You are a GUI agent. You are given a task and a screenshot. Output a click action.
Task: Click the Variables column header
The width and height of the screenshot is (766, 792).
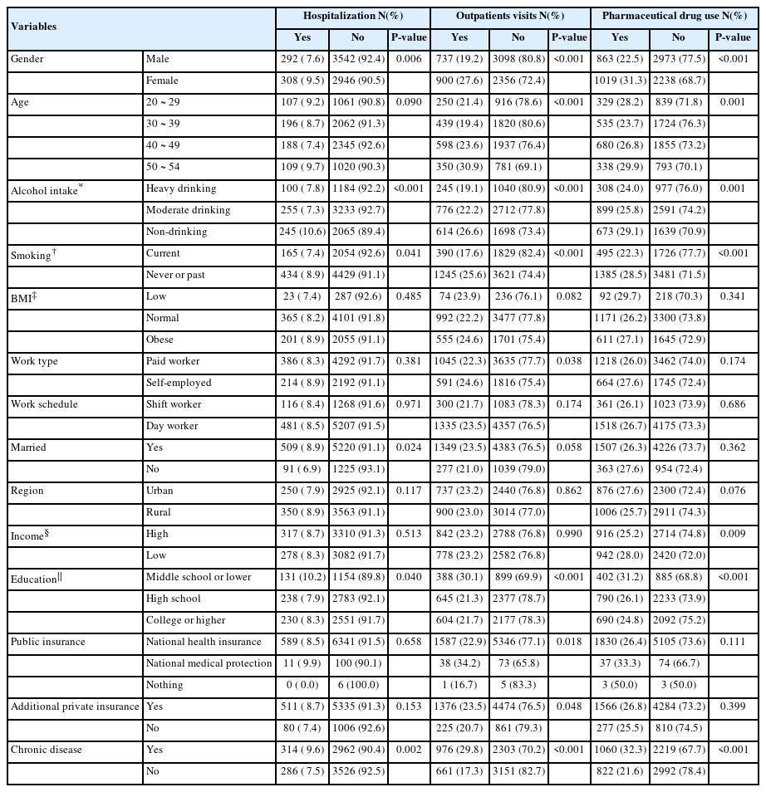pos(34,27)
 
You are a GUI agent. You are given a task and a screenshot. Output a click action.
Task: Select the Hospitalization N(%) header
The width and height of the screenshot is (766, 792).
pos(353,16)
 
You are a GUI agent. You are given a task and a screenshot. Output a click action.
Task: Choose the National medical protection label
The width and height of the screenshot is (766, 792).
pos(209,663)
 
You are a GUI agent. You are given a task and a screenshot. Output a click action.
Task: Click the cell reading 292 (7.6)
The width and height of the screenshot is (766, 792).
pos(302,60)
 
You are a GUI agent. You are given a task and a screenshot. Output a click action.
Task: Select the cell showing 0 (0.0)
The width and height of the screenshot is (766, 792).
pos(302,685)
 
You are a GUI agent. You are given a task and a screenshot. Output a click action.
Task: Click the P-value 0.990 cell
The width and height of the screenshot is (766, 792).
pos(568,535)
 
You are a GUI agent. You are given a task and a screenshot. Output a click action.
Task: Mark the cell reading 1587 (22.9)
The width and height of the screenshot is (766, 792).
pos(459,642)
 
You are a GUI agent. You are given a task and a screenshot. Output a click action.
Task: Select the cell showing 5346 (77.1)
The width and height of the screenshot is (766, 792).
pos(518,642)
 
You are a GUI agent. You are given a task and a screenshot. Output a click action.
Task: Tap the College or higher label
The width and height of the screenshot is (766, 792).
pos(185,620)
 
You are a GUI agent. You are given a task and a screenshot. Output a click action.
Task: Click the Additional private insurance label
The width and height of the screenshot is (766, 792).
pos(75,706)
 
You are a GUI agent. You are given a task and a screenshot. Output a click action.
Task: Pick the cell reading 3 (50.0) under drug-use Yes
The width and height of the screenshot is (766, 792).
pos(620,685)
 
